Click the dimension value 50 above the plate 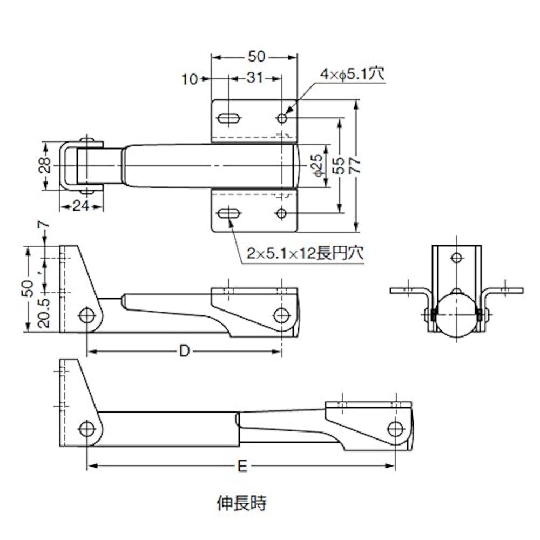click(255, 57)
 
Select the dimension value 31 click(254, 78)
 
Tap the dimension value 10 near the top click(190, 79)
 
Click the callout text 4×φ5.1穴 click(352, 74)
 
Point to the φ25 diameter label click(317, 165)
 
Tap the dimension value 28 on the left click(46, 165)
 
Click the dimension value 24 click(80, 205)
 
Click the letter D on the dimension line click(185, 352)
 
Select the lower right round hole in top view click(281, 214)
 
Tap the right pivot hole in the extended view click(396, 429)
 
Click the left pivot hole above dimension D click(86, 315)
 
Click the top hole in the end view click(456, 258)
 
